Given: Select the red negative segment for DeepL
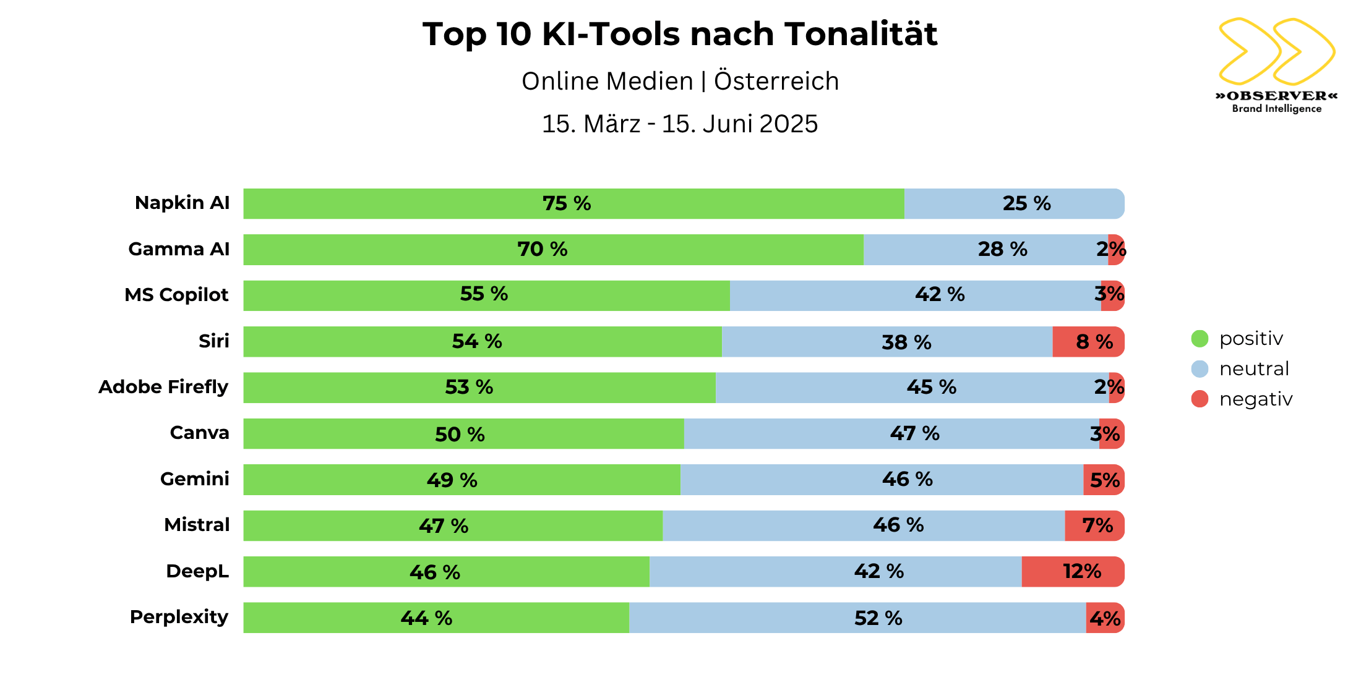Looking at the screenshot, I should click(1072, 571).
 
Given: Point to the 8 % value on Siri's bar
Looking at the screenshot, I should click(1094, 342).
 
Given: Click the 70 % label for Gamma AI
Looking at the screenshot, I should click(542, 249).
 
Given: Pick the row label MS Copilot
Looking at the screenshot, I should click(176, 295).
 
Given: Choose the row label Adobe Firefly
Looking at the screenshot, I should click(163, 387).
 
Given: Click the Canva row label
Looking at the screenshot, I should click(199, 433).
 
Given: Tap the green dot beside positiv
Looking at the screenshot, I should click(1200, 338).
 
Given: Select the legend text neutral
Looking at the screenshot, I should click(1254, 369).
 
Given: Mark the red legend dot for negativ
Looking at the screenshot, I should click(1200, 399).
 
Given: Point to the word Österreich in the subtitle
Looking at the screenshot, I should click(776, 82).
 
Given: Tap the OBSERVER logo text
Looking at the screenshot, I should click(1276, 96).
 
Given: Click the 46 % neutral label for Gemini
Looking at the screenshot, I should click(907, 479).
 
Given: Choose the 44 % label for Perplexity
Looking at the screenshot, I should click(426, 618).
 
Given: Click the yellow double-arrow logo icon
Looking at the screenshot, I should click(1276, 51).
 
